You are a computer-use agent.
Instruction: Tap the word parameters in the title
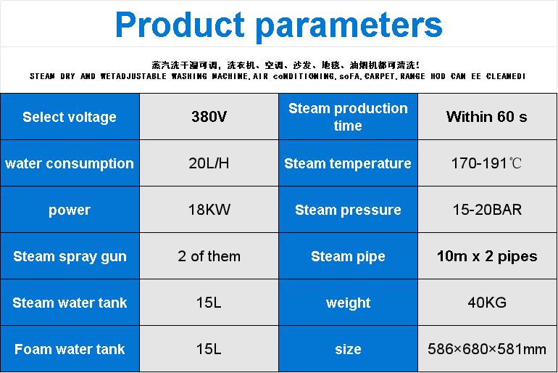(349, 26)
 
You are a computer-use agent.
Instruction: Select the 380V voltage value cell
(209, 117)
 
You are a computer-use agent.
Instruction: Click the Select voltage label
(70, 117)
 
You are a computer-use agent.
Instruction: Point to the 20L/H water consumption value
(209, 163)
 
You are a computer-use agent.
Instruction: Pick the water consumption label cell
(70, 163)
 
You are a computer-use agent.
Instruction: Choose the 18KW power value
(209, 210)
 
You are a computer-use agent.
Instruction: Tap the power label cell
(70, 210)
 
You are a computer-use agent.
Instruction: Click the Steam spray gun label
(70, 256)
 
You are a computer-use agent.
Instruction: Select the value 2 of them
(209, 256)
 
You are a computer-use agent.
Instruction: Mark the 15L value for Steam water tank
(209, 303)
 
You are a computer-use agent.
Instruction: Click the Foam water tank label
(70, 349)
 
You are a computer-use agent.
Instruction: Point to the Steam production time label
(348, 117)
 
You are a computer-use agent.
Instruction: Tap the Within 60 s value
(487, 117)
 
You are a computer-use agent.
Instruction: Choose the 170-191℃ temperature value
(486, 163)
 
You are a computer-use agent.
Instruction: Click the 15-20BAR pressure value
(487, 210)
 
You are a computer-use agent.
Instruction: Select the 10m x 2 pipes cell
(487, 255)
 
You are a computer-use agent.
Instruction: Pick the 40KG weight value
(487, 303)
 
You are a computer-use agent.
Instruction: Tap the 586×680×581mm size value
(487, 349)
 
